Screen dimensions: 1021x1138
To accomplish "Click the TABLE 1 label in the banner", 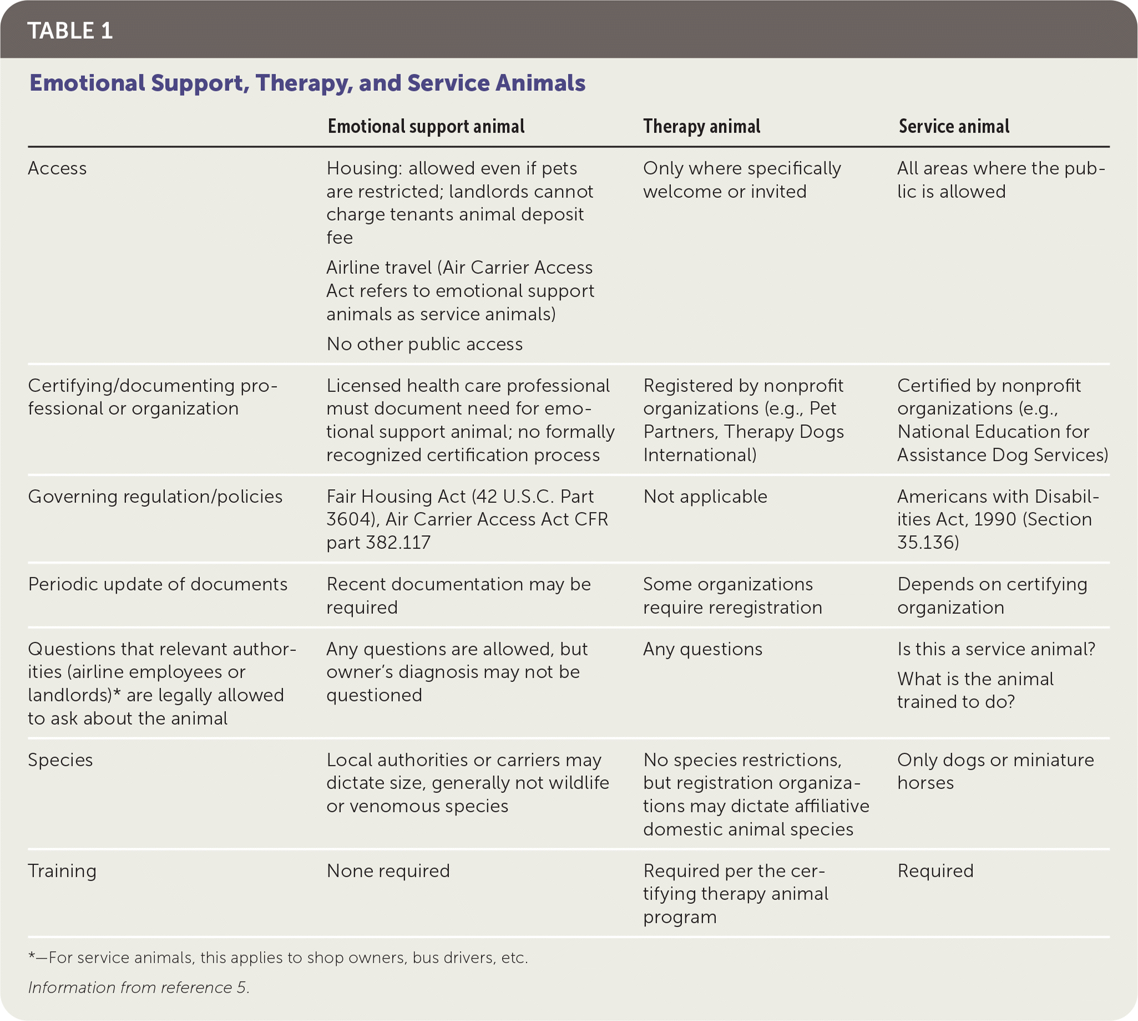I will [70, 31].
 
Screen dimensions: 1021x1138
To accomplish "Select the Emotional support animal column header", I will [426, 126].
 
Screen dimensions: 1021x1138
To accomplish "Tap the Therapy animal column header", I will [701, 126].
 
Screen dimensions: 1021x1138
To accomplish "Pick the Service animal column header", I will [953, 126].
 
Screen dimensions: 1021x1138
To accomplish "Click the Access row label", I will [57, 168].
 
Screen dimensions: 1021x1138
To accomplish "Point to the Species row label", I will [60, 760].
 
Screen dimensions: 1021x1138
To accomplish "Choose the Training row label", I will [62, 871].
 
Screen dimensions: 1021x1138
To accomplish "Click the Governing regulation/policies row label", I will [155, 496].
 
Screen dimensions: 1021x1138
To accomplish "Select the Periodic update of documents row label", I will [158, 584].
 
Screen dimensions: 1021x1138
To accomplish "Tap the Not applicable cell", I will [705, 496].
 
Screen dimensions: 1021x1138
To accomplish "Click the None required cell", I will [388, 871].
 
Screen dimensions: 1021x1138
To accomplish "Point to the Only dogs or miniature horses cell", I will [995, 771].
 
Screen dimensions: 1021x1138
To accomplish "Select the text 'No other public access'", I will [424, 344].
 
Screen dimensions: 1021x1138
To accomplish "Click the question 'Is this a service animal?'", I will [996, 649].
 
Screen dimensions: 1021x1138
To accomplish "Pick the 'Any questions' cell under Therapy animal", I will [702, 649].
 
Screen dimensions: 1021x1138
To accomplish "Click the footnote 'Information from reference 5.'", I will [139, 987].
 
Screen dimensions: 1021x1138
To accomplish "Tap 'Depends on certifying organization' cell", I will [992, 596].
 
